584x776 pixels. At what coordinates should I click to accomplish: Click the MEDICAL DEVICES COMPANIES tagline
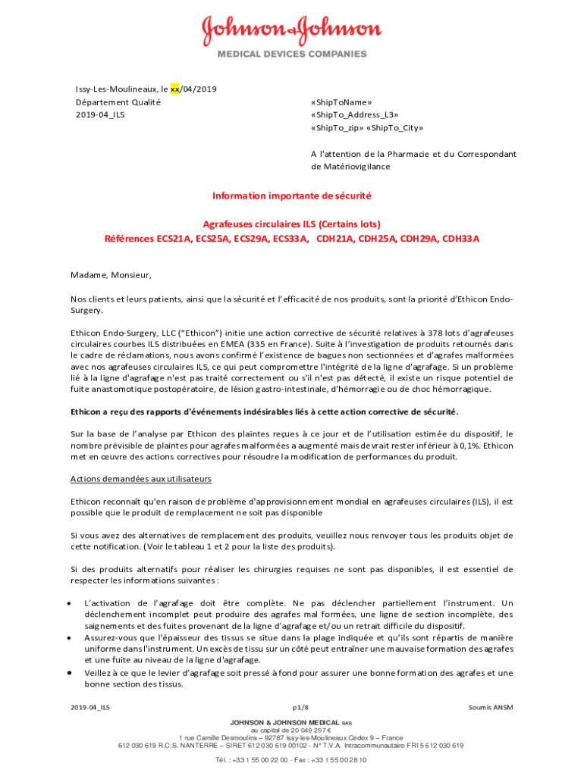coord(292,54)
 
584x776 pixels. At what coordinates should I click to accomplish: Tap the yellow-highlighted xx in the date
coord(175,89)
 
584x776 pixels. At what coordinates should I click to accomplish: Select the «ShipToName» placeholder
coord(341,102)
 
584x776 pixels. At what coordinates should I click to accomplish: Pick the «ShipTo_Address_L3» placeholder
coord(354,114)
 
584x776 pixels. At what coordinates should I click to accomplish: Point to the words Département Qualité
coord(112,102)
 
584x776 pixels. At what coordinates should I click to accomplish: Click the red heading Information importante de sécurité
coord(292,196)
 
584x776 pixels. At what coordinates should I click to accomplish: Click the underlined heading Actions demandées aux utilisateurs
coord(140,479)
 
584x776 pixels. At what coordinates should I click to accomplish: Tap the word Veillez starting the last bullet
coord(100,672)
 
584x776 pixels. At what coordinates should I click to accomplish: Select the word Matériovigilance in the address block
coord(350,166)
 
